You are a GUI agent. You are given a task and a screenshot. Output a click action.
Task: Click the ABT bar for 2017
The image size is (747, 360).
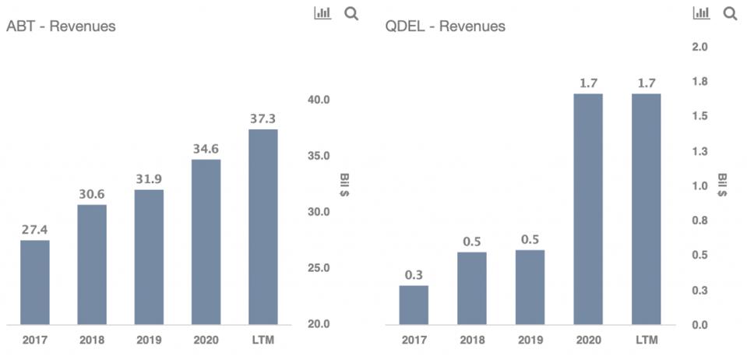tap(35, 282)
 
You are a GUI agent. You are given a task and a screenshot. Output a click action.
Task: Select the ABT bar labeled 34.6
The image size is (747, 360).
tap(206, 242)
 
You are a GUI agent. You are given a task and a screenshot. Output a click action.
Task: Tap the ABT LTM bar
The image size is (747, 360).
tap(263, 227)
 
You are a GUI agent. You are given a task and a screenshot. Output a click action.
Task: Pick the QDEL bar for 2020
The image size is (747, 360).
tap(588, 209)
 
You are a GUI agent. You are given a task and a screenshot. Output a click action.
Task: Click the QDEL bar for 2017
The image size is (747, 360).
tap(414, 305)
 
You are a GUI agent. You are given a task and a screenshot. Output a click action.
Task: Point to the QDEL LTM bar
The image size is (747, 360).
tap(646, 209)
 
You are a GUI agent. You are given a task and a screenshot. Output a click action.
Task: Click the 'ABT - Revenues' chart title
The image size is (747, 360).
tap(61, 26)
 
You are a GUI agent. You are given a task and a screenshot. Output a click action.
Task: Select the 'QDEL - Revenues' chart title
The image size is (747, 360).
tap(445, 26)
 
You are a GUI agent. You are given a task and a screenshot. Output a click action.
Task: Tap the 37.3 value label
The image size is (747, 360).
tap(263, 118)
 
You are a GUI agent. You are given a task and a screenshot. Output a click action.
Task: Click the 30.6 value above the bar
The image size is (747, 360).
tap(92, 194)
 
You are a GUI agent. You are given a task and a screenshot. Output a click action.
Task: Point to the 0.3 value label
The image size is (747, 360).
tap(414, 274)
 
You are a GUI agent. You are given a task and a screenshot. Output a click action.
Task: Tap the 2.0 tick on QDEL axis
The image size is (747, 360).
tap(699, 47)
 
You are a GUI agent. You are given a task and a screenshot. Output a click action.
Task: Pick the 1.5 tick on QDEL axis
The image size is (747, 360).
tap(699, 116)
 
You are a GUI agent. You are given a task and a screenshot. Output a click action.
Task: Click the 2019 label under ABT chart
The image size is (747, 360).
tap(149, 341)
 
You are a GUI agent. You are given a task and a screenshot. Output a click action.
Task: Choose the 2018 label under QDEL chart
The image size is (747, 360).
tap(471, 341)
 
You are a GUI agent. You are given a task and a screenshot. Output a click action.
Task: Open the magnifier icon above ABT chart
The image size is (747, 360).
tap(351, 13)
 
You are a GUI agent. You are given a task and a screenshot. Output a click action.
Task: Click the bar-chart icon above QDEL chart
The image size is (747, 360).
tap(701, 13)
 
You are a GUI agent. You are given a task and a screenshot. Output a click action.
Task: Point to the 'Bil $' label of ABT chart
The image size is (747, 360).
tap(344, 185)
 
